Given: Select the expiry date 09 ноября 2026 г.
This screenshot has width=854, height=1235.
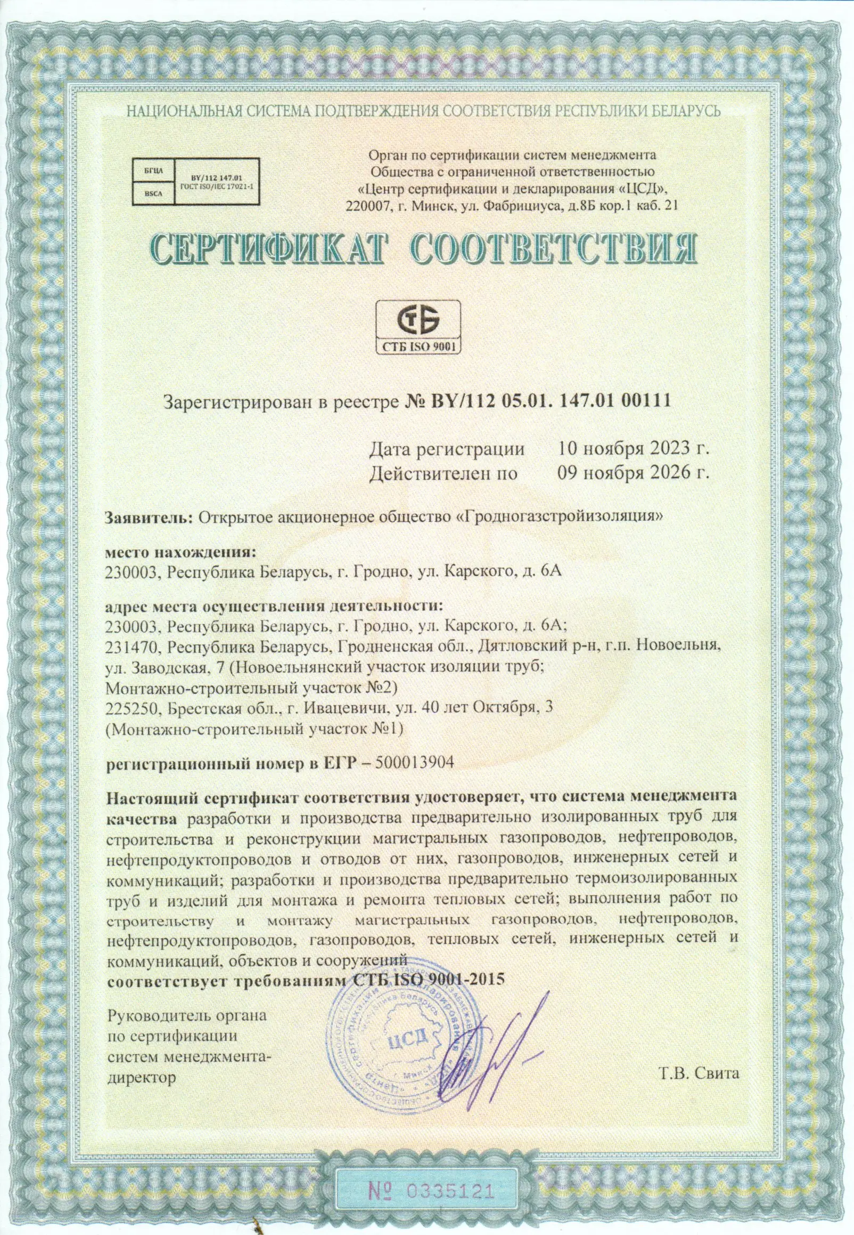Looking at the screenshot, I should [x=633, y=473].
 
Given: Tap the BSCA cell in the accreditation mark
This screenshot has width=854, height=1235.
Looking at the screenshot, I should [x=150, y=195].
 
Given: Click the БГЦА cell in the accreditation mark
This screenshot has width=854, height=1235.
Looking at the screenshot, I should [x=150, y=171].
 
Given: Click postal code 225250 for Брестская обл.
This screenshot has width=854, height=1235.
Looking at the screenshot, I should [x=134, y=707].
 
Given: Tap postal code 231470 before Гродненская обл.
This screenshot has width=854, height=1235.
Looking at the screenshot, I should [x=134, y=647].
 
